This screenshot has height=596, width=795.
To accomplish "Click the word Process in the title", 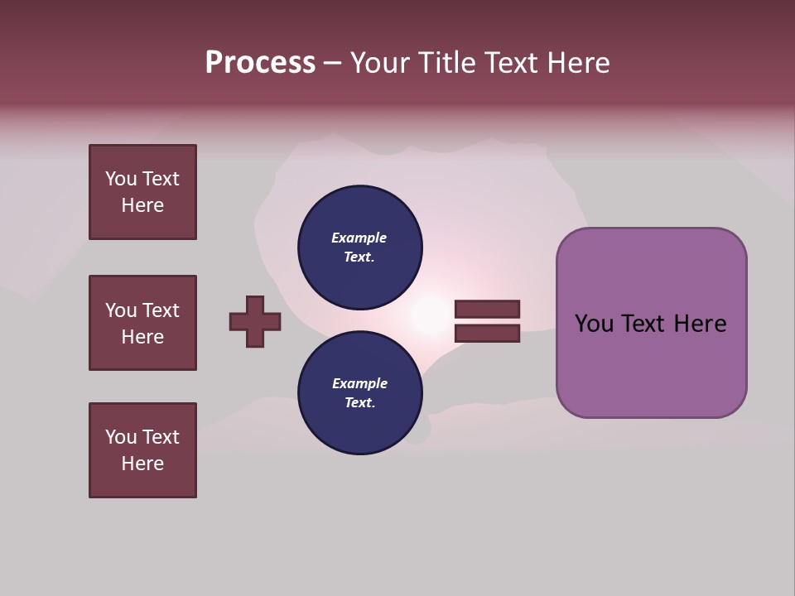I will pyautogui.click(x=260, y=63).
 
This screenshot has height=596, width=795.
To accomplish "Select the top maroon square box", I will pyautogui.click(x=142, y=192).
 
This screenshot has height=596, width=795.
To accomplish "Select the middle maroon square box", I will pyautogui.click(x=142, y=323).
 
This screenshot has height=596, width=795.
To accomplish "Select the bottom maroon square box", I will pyautogui.click(x=142, y=450).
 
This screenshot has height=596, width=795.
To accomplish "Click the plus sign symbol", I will pyautogui.click(x=255, y=322).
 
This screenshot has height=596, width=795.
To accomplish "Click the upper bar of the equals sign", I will pyautogui.click(x=487, y=310).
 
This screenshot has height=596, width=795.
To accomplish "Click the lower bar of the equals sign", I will pyautogui.click(x=487, y=334).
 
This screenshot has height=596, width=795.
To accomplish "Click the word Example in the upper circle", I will pyautogui.click(x=359, y=238).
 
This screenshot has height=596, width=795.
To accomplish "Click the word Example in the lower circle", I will pyautogui.click(x=359, y=383).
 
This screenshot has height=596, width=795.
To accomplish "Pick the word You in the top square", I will pyautogui.click(x=120, y=179).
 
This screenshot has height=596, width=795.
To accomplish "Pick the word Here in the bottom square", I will pyautogui.click(x=142, y=464).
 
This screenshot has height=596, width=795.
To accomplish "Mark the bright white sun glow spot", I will pyautogui.click(x=430, y=315).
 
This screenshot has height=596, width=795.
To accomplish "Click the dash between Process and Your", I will pyautogui.click(x=332, y=64).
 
